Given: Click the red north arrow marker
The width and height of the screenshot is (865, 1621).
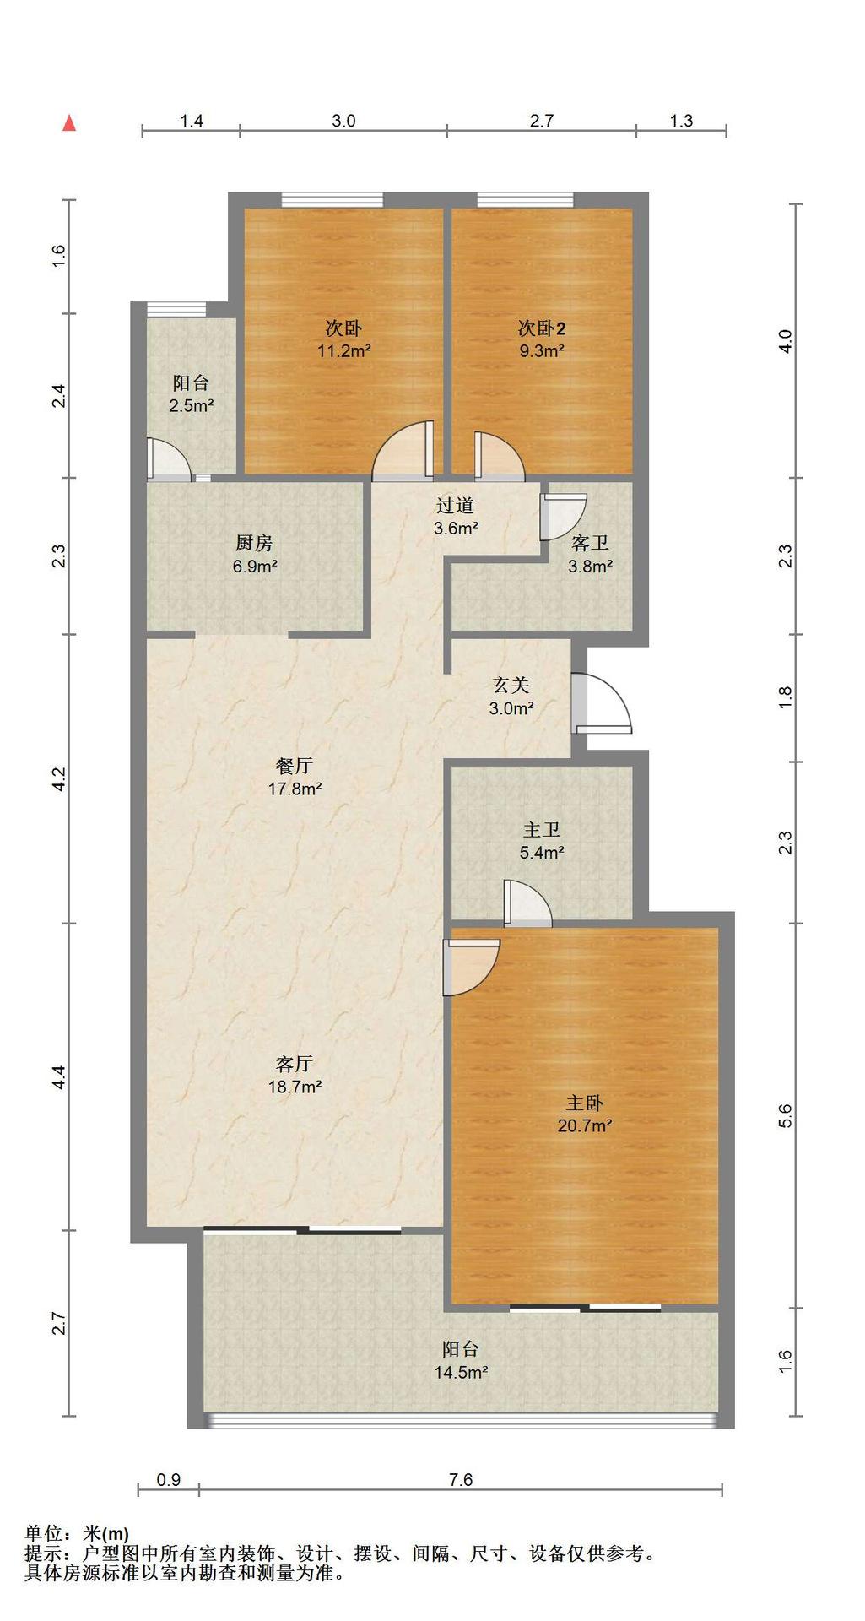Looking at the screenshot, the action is point(70,123).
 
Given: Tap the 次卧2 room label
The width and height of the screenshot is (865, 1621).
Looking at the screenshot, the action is point(542,328).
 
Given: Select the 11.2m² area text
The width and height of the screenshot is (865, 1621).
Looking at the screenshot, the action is point(344,351).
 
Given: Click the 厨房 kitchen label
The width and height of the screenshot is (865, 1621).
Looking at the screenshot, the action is point(254,544).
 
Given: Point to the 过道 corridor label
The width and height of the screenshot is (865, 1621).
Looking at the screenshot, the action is point(456,506).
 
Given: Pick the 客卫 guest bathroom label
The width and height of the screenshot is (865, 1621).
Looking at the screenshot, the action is point(590,544).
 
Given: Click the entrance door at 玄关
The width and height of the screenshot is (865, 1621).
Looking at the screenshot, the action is point(601,702).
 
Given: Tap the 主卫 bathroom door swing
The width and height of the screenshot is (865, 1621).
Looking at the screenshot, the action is point(527,901).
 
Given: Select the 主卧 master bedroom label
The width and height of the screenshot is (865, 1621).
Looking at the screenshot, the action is point(584,1103).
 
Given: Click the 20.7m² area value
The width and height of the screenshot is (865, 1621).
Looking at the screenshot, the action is point(585,1125).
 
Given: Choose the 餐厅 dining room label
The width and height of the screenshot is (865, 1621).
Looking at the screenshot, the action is point(295,766).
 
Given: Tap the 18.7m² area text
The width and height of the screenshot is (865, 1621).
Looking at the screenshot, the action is point(295,1087).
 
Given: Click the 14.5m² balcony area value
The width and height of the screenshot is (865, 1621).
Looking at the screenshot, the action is point(461,1373).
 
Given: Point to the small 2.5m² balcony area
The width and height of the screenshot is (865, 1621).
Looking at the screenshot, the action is point(192,405).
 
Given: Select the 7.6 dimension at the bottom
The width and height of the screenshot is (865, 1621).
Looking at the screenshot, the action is point(461,1479).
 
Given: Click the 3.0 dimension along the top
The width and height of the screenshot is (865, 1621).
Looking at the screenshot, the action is point(343,121).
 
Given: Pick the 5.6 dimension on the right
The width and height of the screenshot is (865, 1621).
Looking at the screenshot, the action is point(786,1116).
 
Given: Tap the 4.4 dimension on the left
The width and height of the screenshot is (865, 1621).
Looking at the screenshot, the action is point(58,1077).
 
